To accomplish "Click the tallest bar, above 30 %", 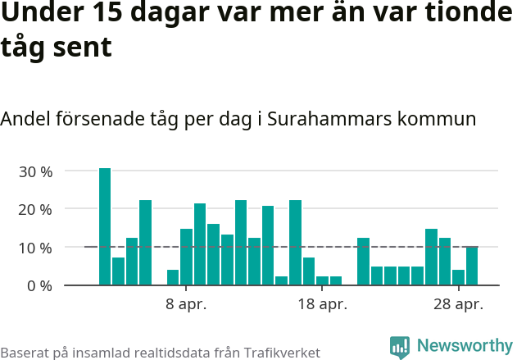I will click(105, 226).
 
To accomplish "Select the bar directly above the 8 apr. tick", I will click(186, 257).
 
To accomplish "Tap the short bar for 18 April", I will click(322, 280).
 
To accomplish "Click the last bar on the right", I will click(472, 266).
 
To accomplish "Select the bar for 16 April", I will click(295, 243).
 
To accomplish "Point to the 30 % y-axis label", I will click(35, 171).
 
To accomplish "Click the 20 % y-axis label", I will click(35, 209).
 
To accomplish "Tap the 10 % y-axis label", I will click(35, 248).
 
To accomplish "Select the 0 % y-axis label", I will click(39, 285).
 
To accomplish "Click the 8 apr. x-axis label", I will click(186, 305).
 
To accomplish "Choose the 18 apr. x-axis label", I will click(322, 305).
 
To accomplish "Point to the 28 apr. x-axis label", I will click(458, 305).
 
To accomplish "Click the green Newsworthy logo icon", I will click(400, 347).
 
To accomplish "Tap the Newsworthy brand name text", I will click(464, 347).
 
